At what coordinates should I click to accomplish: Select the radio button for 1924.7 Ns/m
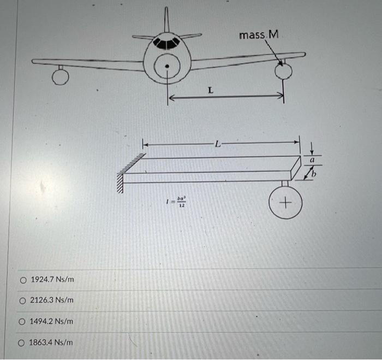coord(23,280)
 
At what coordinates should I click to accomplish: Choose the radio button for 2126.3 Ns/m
coord(23,300)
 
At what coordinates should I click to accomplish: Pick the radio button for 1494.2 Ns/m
coord(23,321)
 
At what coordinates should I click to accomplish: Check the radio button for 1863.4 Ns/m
coord(23,343)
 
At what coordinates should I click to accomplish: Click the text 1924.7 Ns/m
coord(52,280)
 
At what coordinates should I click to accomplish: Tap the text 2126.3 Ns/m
coord(52,300)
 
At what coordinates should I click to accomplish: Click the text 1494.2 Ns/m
coord(52,321)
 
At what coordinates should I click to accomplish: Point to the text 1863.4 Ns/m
coord(52,343)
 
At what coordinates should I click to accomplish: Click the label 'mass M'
coord(259,35)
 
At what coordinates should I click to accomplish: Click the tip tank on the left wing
coord(60,79)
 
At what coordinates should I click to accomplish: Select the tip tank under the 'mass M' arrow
coord(283,71)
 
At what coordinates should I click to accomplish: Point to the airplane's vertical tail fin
coord(166,19)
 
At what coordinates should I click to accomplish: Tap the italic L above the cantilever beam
coord(218,145)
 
